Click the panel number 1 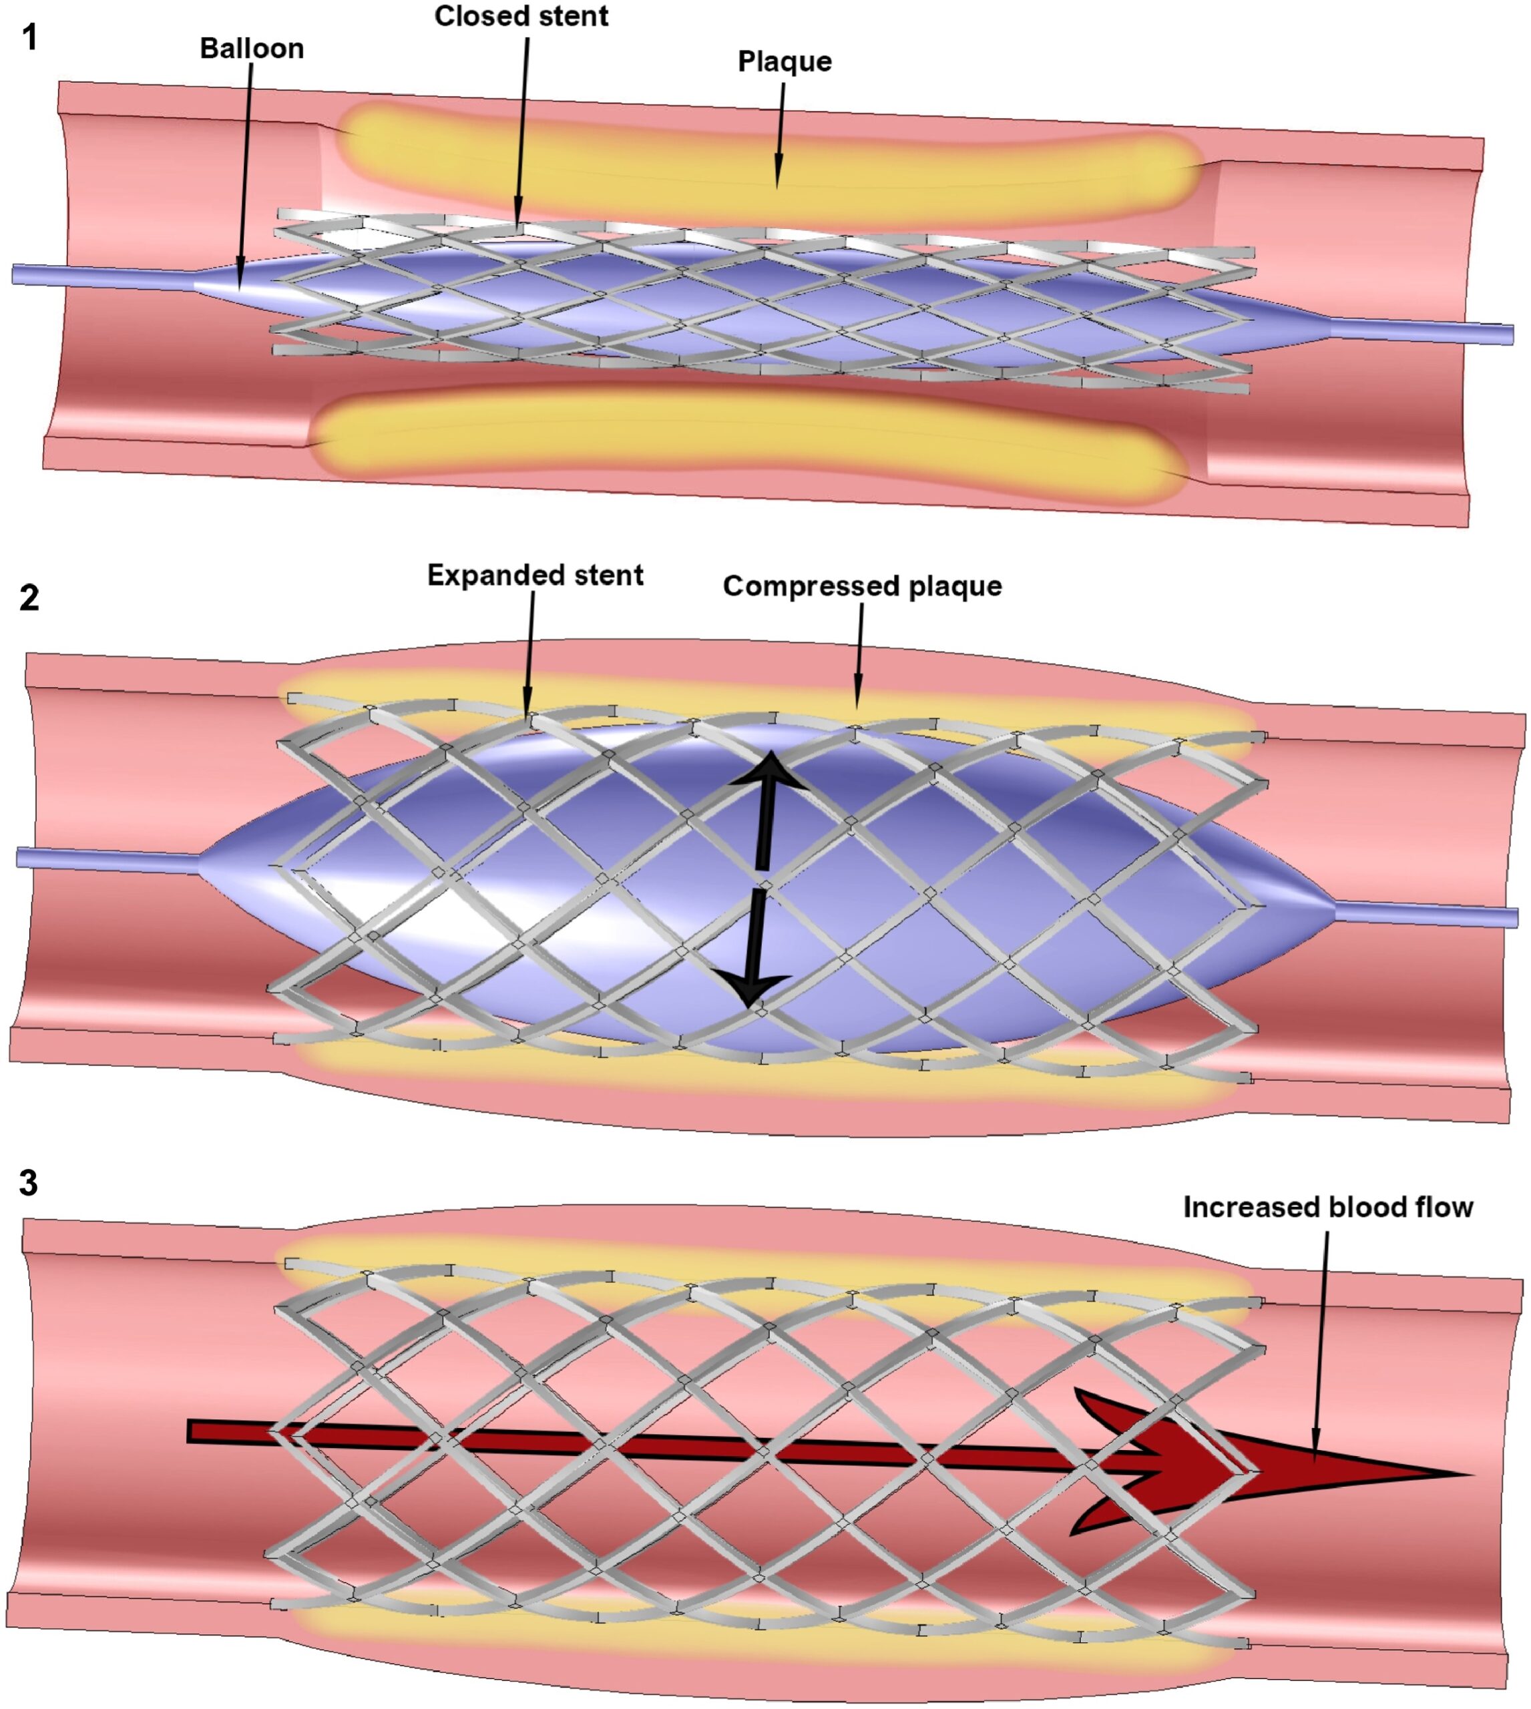(29, 38)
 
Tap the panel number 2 (29, 598)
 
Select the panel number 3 (29, 1184)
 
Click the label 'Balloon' (252, 49)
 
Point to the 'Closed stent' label (521, 16)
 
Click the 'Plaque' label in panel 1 (784, 61)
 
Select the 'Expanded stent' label (535, 575)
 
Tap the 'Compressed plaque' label (862, 586)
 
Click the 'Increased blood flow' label (1327, 1207)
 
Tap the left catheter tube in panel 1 (101, 276)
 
